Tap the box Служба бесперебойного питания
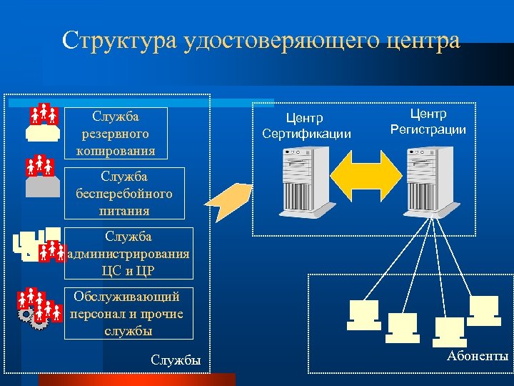click(x=124, y=193)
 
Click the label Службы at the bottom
click(x=176, y=360)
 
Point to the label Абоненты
click(x=478, y=356)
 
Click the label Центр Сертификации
click(x=306, y=125)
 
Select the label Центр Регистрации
click(x=428, y=122)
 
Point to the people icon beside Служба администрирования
click(x=51, y=250)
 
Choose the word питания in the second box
click(x=124, y=210)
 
